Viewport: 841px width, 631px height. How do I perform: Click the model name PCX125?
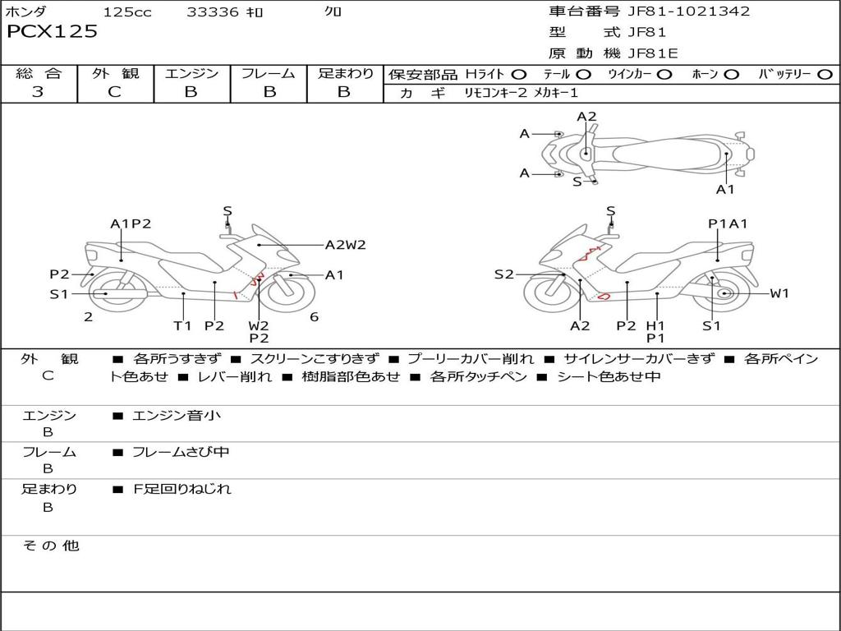click(x=52, y=31)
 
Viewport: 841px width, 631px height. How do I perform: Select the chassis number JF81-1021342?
click(x=689, y=11)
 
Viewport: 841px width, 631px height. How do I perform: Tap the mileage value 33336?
click(x=213, y=12)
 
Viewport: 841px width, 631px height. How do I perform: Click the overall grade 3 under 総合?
click(x=38, y=92)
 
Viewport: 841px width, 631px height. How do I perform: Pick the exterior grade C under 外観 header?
click(x=114, y=92)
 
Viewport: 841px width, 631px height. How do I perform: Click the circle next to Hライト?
click(x=519, y=75)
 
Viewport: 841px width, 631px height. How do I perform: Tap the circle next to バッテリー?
click(x=825, y=75)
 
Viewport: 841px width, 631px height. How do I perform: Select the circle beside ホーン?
click(x=731, y=75)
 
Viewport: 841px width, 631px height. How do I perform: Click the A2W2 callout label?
click(x=346, y=245)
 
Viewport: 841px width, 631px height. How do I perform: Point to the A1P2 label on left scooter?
click(x=131, y=223)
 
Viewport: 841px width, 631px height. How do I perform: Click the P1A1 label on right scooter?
click(x=728, y=223)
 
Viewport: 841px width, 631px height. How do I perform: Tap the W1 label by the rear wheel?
click(x=779, y=293)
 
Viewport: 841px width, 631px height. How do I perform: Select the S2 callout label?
click(x=503, y=274)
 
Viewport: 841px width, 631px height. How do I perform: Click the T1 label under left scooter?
click(x=182, y=325)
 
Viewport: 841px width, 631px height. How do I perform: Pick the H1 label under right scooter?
click(x=655, y=325)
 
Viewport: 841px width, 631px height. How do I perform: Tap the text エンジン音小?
click(x=177, y=415)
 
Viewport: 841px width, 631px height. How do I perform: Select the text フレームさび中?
click(x=181, y=453)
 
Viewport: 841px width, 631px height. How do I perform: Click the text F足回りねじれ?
click(x=182, y=489)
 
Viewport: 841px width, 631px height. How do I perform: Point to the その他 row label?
click(x=51, y=546)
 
